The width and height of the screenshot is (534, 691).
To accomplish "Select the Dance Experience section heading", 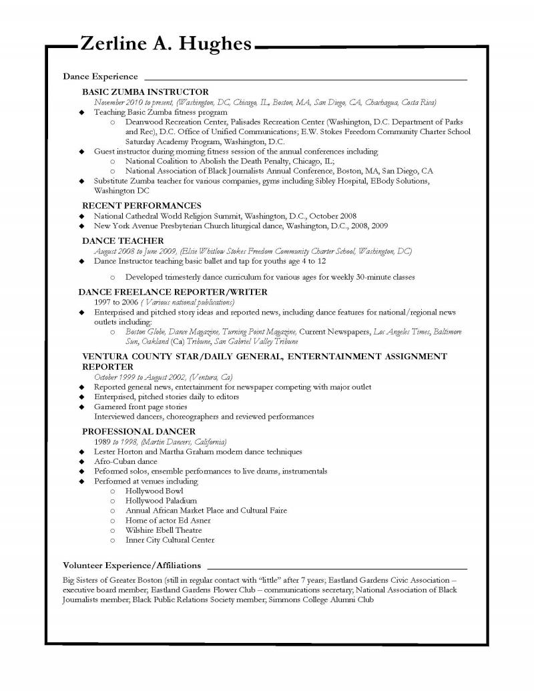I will point(100,77).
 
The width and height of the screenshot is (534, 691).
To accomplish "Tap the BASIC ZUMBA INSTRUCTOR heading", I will point(145,91).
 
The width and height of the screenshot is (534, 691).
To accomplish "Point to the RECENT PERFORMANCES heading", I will point(142,206).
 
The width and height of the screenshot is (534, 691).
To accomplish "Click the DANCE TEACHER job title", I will point(123,240).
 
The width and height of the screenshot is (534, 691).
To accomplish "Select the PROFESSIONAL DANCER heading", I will point(139,431).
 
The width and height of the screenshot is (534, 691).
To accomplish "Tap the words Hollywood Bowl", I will point(154,490).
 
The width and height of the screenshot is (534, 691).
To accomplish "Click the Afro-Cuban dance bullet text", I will point(125,461).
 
